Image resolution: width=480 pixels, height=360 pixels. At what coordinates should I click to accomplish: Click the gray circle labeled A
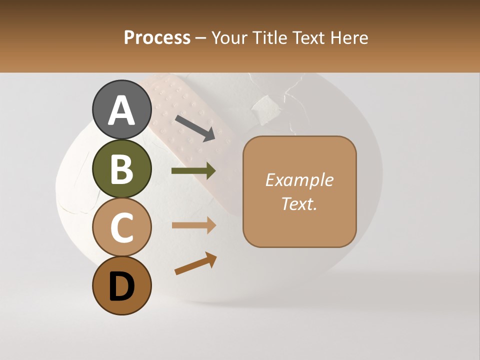121,109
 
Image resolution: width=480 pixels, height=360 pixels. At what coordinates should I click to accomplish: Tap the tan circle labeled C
121,227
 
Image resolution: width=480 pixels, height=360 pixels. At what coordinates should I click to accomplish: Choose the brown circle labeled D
121,285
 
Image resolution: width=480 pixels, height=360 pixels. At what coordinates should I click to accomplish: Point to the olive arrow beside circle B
193,171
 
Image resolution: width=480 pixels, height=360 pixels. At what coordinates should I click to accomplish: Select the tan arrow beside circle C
193,225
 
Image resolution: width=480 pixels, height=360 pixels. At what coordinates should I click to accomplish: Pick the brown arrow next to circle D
195,263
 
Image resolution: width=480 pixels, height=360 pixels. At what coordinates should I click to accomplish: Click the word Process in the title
157,38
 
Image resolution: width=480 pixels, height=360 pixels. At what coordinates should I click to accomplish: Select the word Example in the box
299,180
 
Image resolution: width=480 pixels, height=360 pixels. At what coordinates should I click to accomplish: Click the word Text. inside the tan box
299,203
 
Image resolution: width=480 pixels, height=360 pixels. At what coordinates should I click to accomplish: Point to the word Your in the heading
230,38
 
